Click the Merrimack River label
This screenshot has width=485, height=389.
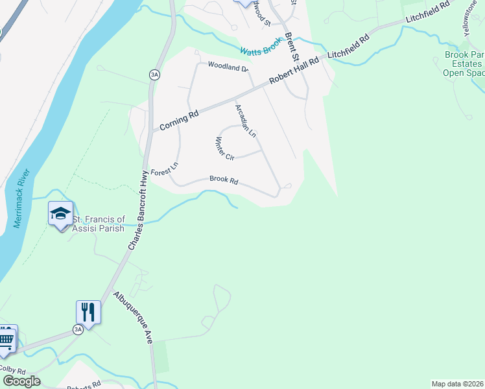pos(21,199)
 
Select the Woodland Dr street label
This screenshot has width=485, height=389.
pos(228,66)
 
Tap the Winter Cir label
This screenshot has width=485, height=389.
pos(224,149)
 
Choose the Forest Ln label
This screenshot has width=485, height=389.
pos(164,171)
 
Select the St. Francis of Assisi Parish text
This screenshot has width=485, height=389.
pos(99,224)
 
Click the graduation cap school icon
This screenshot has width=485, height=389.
pos(60,213)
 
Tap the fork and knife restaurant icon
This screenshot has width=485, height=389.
pos(88,312)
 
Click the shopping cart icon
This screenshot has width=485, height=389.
pos(6,338)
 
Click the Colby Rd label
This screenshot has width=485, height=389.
pos(12,369)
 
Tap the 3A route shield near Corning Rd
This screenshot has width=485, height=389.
pos(154,75)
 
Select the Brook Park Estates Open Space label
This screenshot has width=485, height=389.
pos(464,64)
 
